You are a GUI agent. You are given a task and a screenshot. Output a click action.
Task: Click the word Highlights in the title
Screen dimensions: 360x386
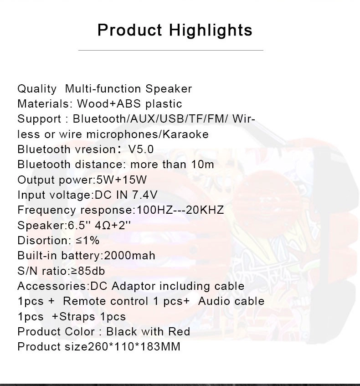pyautogui.click(x=211, y=31)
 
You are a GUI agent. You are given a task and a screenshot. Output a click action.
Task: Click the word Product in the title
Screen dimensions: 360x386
pyautogui.click(x=130, y=30)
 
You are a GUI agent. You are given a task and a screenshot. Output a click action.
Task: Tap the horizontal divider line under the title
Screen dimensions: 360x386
pyautogui.click(x=170, y=50)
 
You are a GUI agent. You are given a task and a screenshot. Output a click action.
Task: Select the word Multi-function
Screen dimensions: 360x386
pyautogui.click(x=103, y=88)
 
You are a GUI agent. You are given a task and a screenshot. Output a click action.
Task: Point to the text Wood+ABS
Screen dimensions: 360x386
pyautogui.click(x=109, y=103)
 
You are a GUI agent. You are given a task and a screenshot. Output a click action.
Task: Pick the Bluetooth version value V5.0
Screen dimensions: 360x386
pyautogui.click(x=141, y=149)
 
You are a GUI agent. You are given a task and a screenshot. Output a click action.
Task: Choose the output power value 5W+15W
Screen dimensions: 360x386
pyautogui.click(x=121, y=180)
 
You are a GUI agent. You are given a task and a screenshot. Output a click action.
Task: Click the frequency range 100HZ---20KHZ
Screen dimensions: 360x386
pyautogui.click(x=180, y=210)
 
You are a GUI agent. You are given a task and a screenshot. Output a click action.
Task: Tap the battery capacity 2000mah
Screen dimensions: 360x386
pyautogui.click(x=129, y=256)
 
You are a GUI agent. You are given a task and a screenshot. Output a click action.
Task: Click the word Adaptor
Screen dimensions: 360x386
pyautogui.click(x=134, y=286)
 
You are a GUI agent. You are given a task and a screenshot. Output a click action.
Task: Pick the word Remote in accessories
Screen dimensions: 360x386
pyautogui.click(x=81, y=301)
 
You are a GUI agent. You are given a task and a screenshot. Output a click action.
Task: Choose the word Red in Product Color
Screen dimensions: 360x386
pyautogui.click(x=179, y=331)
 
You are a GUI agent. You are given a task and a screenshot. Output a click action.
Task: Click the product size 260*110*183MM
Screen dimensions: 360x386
pyautogui.click(x=134, y=347)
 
